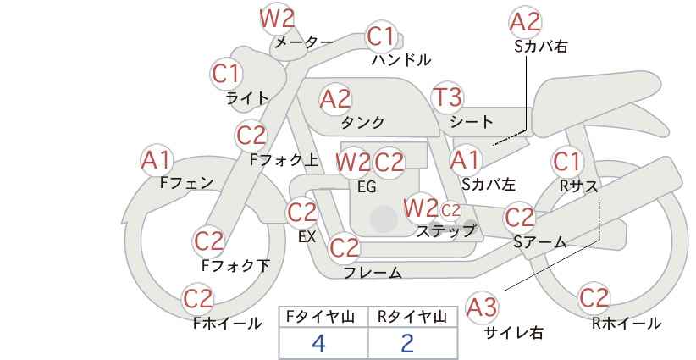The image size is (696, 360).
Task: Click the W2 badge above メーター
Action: pyautogui.click(x=277, y=18)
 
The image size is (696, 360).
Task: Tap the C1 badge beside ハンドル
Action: pyautogui.click(x=381, y=36)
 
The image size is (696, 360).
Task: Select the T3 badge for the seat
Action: pyautogui.click(x=446, y=97)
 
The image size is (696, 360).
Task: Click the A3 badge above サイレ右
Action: pyautogui.click(x=482, y=307)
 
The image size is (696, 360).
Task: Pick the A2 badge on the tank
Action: pyautogui.click(x=335, y=99)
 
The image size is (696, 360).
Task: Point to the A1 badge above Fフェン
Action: pyautogui.click(x=156, y=160)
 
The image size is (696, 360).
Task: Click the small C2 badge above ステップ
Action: pyautogui.click(x=450, y=210)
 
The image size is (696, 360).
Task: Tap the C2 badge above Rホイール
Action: pyautogui.click(x=594, y=298)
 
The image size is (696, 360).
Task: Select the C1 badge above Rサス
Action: pyautogui.click(x=566, y=162)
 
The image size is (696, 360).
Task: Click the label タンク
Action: pyautogui.click(x=362, y=122)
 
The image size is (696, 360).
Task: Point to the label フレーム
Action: pyautogui.click(x=373, y=273)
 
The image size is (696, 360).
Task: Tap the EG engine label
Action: pyautogui.click(x=367, y=187)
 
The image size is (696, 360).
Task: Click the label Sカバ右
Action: pyautogui.click(x=541, y=47)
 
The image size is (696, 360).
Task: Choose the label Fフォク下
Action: pyautogui.click(x=235, y=265)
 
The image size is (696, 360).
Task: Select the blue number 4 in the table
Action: pyautogui.click(x=318, y=344)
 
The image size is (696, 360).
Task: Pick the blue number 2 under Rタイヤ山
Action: pyautogui.click(x=407, y=344)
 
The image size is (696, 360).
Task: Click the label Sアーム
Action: pyautogui.click(x=540, y=242)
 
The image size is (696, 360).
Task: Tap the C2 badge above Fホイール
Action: pyautogui.click(x=198, y=299)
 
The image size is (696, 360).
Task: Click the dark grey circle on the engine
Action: pyautogui.click(x=384, y=219)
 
